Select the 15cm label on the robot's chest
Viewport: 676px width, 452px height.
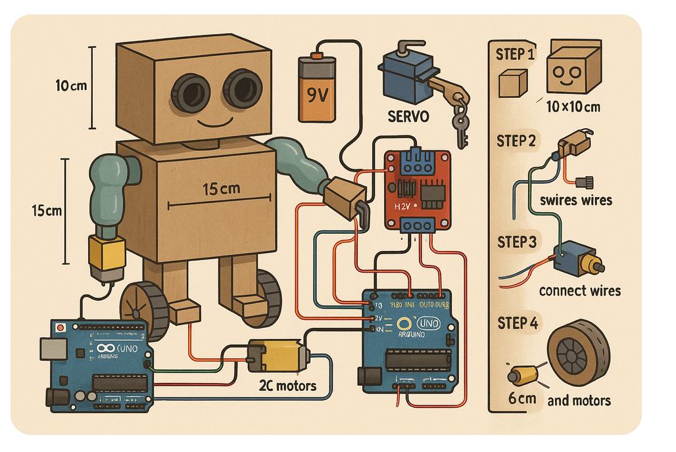tap(221, 189)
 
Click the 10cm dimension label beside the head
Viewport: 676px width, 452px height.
tap(72, 86)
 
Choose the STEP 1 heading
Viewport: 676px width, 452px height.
tap(516, 54)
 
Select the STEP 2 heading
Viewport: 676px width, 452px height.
tap(516, 141)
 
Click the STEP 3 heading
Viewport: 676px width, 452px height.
tap(517, 242)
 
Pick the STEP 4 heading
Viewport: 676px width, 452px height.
tap(518, 323)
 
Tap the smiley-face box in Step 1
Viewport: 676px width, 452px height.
tap(573, 68)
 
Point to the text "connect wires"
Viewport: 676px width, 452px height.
tap(579, 290)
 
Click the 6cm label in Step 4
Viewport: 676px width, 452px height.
tap(522, 398)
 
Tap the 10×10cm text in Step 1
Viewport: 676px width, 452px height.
tap(573, 106)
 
